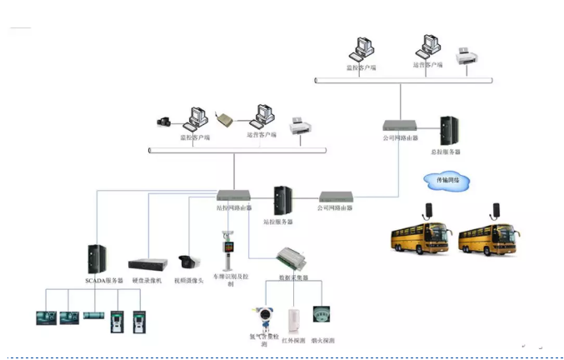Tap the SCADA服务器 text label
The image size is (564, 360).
click(104, 281)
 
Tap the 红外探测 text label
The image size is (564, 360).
click(292, 342)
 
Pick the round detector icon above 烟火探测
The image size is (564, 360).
click(322, 315)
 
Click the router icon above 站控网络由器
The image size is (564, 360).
click(233, 197)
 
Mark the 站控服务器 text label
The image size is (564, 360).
click(278, 222)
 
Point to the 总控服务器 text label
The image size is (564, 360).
click(446, 152)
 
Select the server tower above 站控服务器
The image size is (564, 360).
click(282, 201)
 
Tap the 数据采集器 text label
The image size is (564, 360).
click(294, 277)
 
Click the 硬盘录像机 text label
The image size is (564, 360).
click(147, 281)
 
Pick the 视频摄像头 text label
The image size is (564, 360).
click(189, 281)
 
